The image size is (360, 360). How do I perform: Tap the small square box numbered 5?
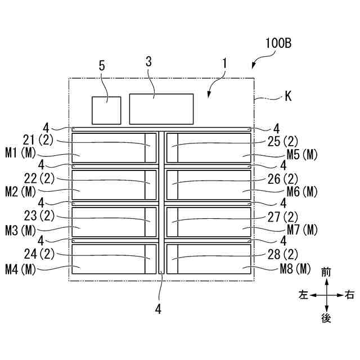tap(106, 110)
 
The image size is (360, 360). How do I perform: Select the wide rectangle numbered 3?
tap(161, 109)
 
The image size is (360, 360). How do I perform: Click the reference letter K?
tap(288, 97)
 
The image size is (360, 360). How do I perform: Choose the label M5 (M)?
tap(302, 155)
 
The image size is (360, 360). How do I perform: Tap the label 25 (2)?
tap(282, 141)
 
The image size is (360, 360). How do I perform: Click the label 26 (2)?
tap(282, 179)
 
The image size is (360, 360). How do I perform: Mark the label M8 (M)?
tap(295, 268)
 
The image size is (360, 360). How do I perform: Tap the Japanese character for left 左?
tap(304, 295)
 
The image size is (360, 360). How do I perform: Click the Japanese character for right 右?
tap(349, 295)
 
